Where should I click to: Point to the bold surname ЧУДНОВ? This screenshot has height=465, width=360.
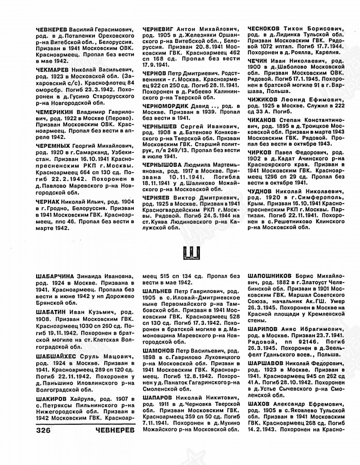[x=263, y=191]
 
